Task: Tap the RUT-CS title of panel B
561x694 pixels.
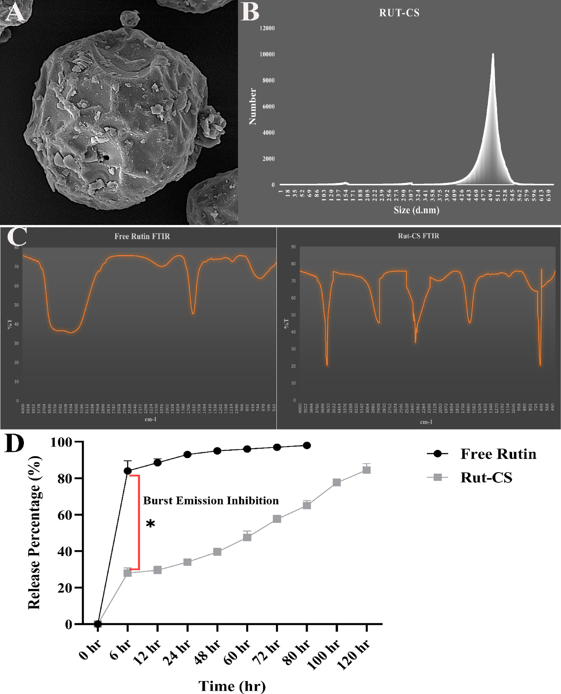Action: [399, 13]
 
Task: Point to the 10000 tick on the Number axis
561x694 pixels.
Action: [267, 54]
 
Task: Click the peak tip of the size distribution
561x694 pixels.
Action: [493, 54]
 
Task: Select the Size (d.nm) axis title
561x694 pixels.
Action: [416, 210]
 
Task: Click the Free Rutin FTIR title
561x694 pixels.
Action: [142, 236]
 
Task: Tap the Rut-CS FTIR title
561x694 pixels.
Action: [419, 236]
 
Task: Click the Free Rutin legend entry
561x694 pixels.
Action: [498, 454]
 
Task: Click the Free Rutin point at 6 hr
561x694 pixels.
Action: [128, 471]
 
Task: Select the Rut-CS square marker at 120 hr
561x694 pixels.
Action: [367, 470]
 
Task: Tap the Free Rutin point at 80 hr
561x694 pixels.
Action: [307, 445]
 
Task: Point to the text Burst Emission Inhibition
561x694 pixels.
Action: [211, 501]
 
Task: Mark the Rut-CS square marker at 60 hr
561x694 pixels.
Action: [247, 537]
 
